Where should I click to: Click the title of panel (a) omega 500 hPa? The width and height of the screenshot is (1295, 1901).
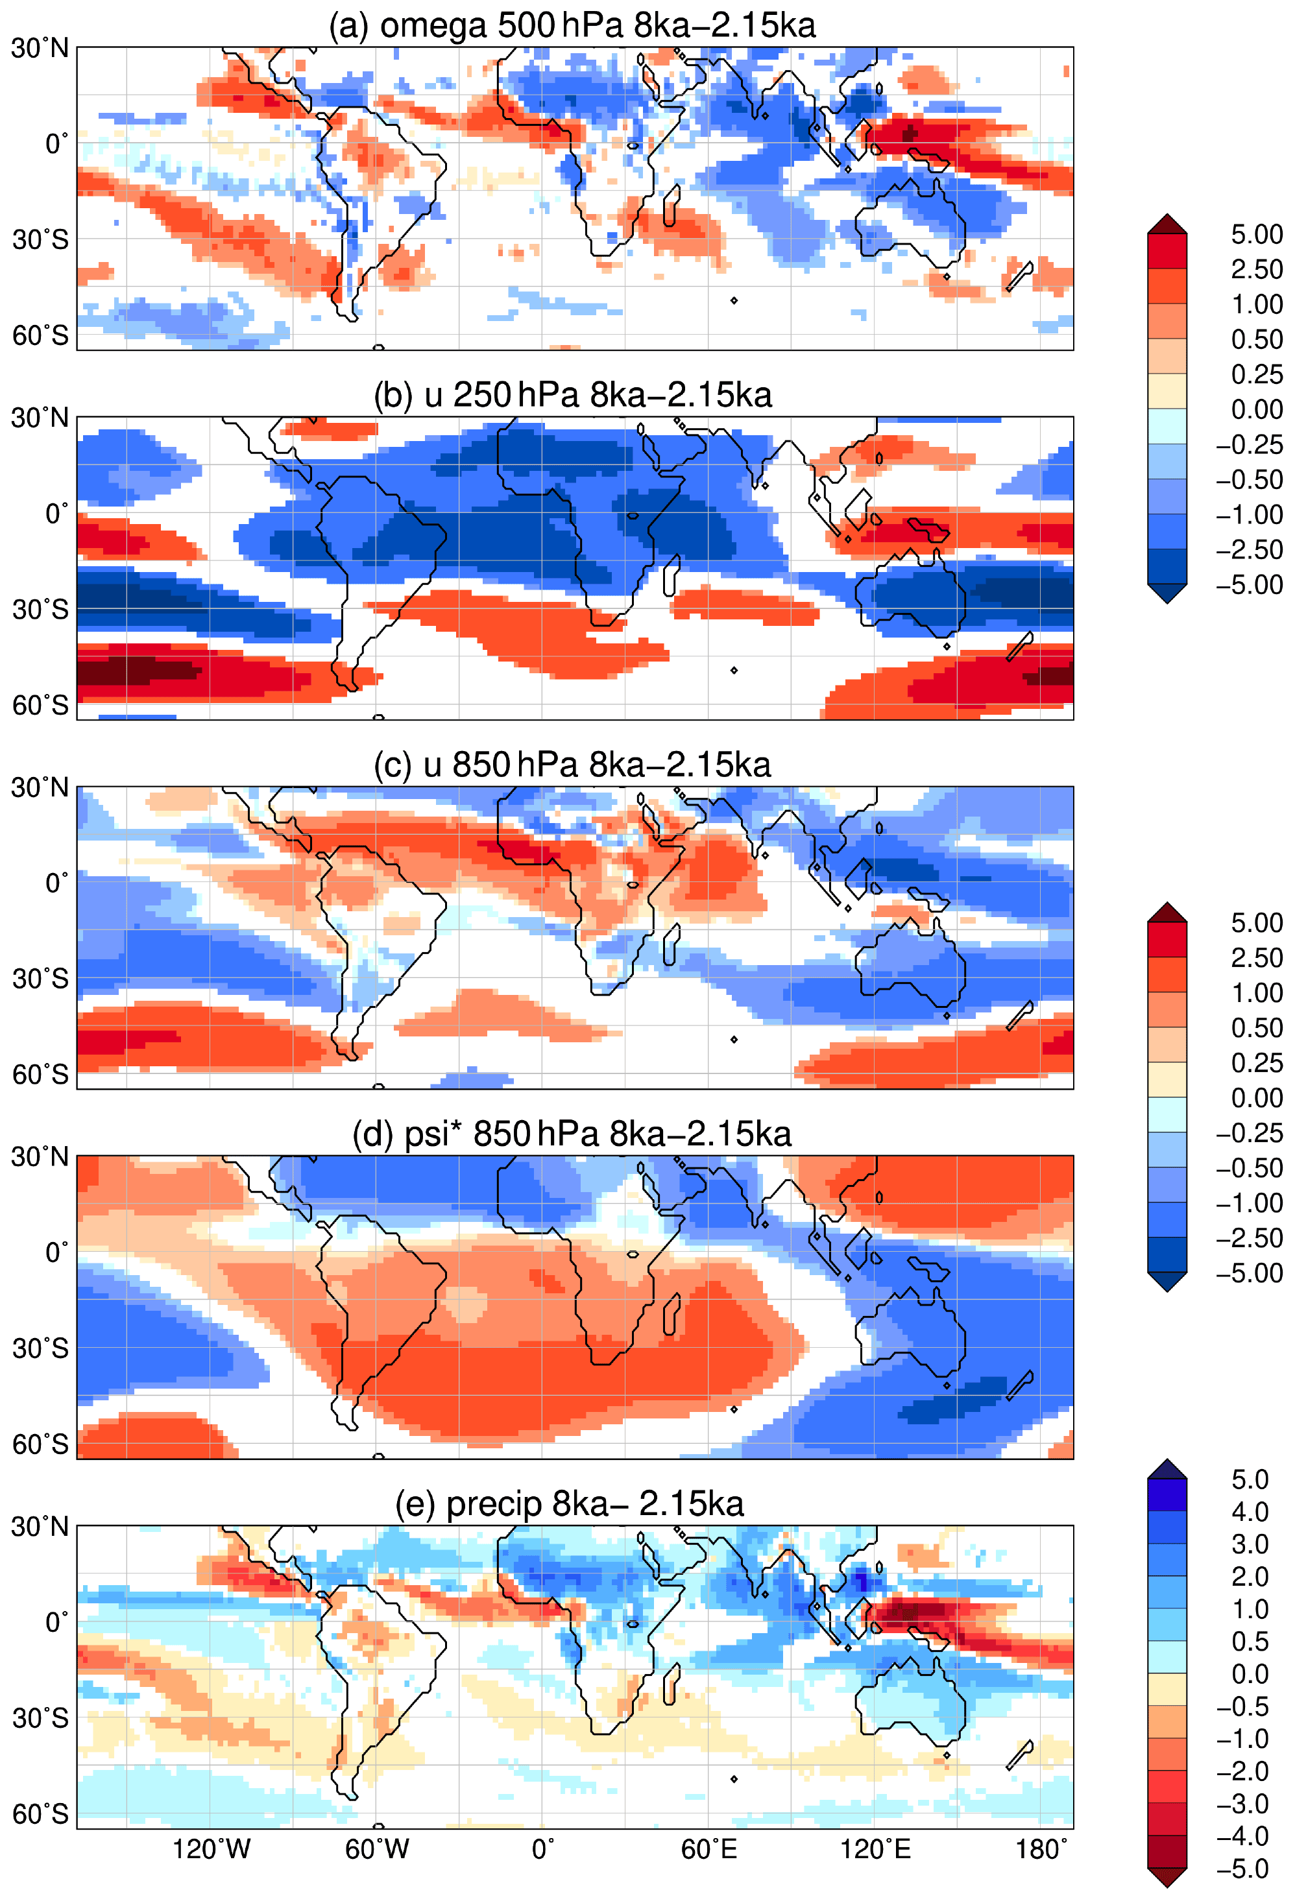572,25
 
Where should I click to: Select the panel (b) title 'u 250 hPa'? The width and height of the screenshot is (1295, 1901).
572,395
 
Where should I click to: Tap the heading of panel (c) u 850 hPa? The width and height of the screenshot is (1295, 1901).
572,765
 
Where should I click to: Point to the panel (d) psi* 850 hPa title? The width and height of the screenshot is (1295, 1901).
572,1134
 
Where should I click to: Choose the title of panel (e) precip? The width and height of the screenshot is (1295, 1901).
570,1503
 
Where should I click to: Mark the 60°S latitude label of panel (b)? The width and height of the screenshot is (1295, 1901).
40,705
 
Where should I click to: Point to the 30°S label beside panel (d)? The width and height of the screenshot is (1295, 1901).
40,1348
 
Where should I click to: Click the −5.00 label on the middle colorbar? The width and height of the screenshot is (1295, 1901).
1248,1273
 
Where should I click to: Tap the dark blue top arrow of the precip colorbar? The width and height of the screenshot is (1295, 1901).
1167,1470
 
